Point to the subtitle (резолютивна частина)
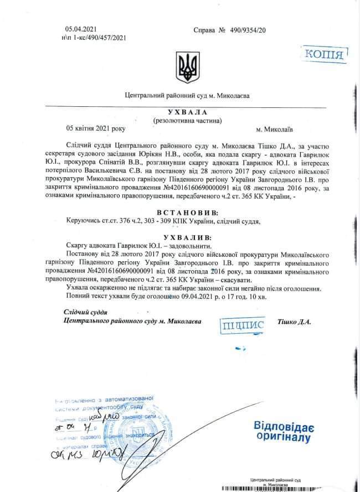click(187, 120)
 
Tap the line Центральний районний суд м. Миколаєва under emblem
click(187, 95)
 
